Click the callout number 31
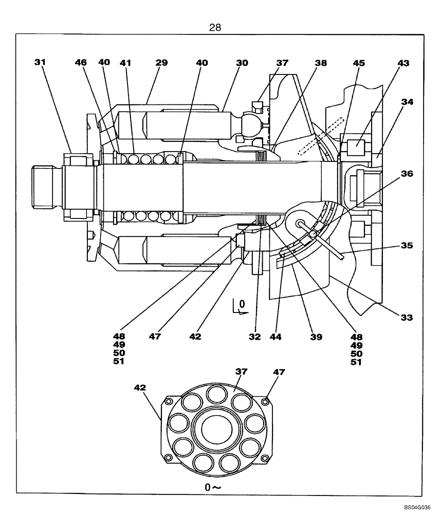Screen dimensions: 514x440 pyautogui.click(x=40, y=62)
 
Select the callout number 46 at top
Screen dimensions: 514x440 pyautogui.click(x=81, y=62)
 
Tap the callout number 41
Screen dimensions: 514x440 pyautogui.click(x=125, y=63)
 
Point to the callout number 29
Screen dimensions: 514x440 pyautogui.click(x=161, y=62)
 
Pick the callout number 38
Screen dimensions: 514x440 pyautogui.click(x=321, y=63)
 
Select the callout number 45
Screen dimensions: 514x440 pyautogui.click(x=358, y=63)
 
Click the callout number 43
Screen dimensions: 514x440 pyautogui.click(x=404, y=63)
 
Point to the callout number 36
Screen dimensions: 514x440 pyautogui.click(x=407, y=174)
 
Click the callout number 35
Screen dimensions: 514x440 pyautogui.click(x=407, y=246)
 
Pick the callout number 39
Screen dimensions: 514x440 pyautogui.click(x=316, y=337)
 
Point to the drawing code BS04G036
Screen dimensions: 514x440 pyautogui.click(x=417, y=506)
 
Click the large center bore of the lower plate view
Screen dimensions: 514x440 pyautogui.click(x=215, y=429)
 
